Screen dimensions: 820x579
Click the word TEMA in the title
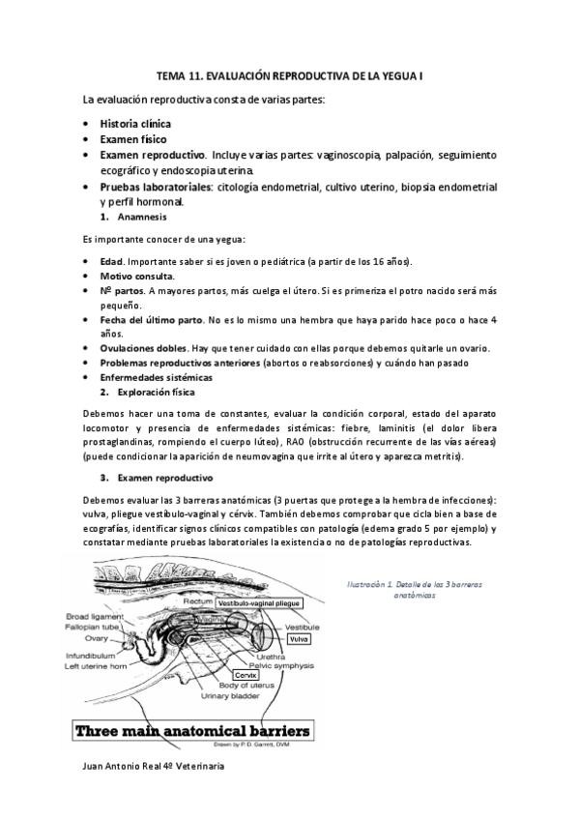click(x=172, y=74)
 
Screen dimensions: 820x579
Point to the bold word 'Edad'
click(x=111, y=262)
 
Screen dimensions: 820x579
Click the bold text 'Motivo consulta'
click(x=136, y=276)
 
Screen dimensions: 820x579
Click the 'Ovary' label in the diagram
click(x=96, y=637)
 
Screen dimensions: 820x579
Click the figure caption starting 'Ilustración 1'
click(x=417, y=590)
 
